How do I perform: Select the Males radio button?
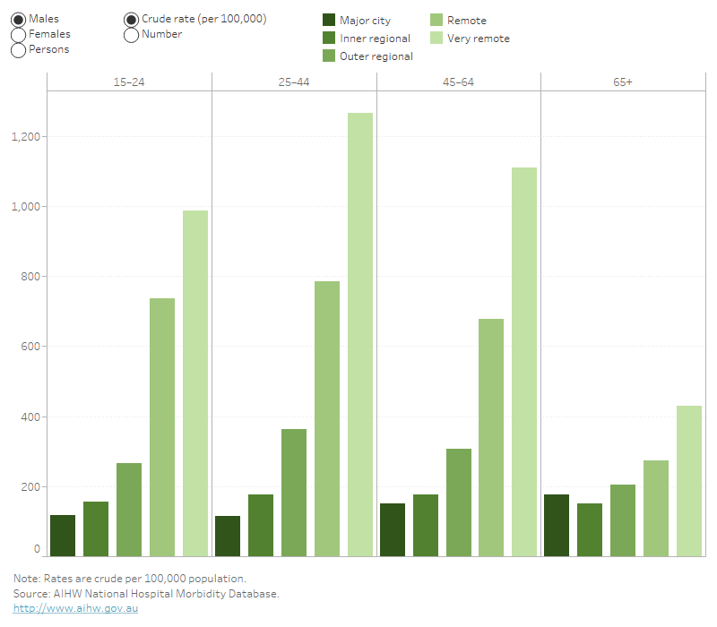pyautogui.click(x=18, y=19)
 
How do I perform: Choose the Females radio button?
pyautogui.click(x=18, y=34)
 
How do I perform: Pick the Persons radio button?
pyautogui.click(x=18, y=49)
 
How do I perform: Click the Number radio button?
pyautogui.click(x=131, y=34)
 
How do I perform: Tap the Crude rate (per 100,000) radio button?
pyautogui.click(x=131, y=19)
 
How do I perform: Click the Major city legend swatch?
pyautogui.click(x=329, y=21)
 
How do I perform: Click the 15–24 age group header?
pyautogui.click(x=129, y=82)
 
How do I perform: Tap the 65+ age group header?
pyautogui.click(x=623, y=82)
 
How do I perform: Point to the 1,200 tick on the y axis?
pyautogui.click(x=25, y=136)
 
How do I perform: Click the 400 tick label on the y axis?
pyautogui.click(x=30, y=417)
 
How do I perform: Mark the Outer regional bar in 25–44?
pyautogui.click(x=294, y=492)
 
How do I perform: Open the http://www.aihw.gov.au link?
pyautogui.click(x=62, y=608)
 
